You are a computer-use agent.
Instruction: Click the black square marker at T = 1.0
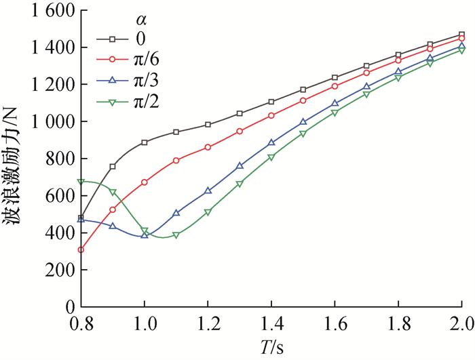(x=145, y=142)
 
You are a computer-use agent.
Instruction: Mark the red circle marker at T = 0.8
(x=81, y=249)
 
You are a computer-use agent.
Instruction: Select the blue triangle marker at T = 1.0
(x=145, y=235)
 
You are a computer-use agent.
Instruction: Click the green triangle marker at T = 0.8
(x=81, y=182)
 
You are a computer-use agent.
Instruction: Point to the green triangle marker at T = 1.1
(x=176, y=235)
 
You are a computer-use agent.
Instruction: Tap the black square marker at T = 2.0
(x=462, y=35)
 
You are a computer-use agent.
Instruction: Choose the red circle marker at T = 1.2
(x=208, y=147)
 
